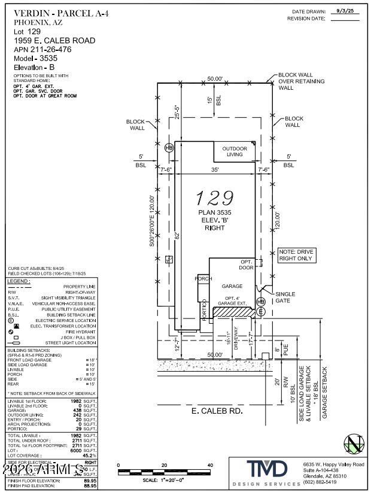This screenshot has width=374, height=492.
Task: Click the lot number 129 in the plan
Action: coord(215,198)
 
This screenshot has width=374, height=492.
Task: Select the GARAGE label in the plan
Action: coord(232,286)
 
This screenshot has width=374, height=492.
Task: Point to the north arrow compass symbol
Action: coord(354,444)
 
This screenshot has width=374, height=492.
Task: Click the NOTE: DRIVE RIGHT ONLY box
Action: coord(296,256)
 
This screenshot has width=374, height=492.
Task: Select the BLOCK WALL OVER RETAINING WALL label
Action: coord(302,81)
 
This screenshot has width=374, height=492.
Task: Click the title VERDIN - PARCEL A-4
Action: coord(53,13)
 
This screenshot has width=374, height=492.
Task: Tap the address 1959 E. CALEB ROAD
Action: coord(54,41)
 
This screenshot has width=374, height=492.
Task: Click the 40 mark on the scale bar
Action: coord(209,465)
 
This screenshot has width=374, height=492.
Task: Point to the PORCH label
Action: coord(205,278)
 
